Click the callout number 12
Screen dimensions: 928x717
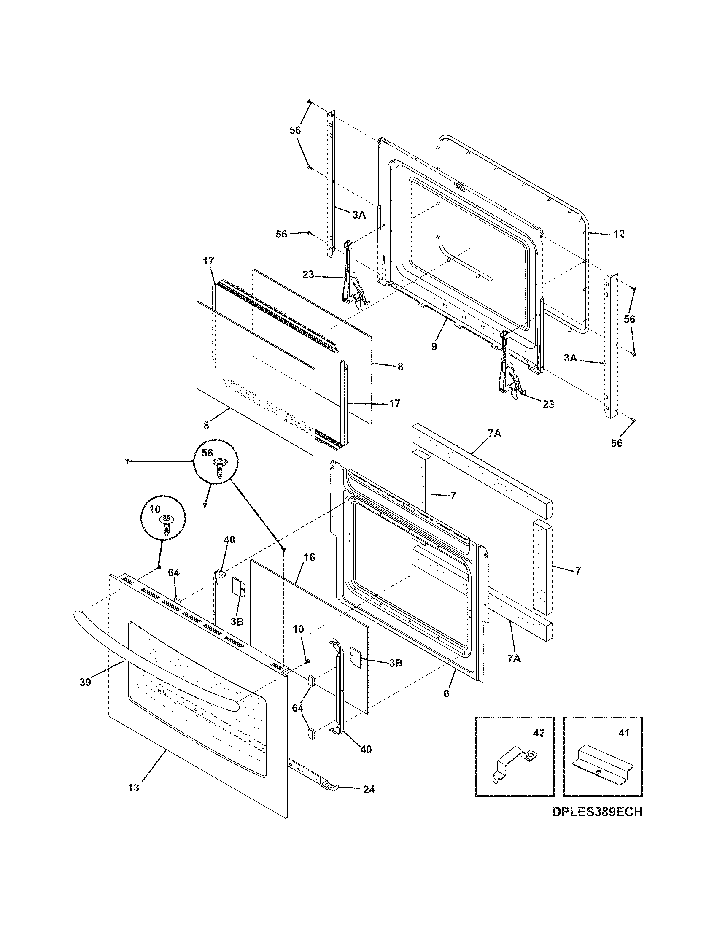[x=619, y=234]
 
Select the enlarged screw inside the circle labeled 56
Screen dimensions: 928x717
[x=220, y=467]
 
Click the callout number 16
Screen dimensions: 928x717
[x=310, y=557]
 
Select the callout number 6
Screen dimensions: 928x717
[x=446, y=694]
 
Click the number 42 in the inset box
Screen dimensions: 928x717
[x=539, y=733]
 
